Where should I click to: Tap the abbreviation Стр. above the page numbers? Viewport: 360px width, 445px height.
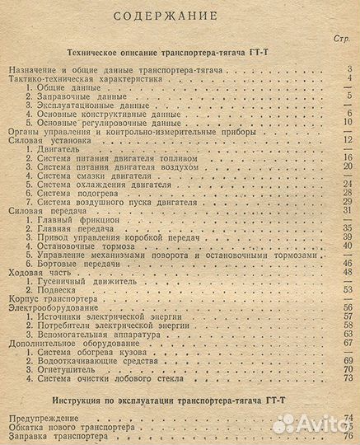[x=342, y=39]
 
